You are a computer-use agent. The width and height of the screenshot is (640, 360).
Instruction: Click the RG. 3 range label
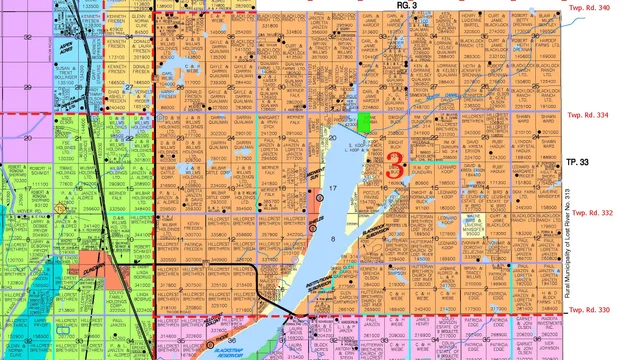(405, 6)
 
